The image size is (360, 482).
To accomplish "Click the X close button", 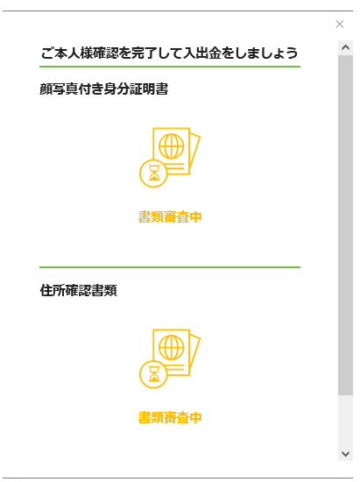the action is pyautogui.click(x=340, y=24).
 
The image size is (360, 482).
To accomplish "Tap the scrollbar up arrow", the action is pyautogui.click(x=346, y=47).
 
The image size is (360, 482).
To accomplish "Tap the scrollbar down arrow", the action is pyautogui.click(x=346, y=454).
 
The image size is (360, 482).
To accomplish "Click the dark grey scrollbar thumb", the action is pyautogui.click(x=346, y=225).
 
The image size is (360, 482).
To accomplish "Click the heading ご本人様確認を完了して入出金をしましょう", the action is pyautogui.click(x=170, y=53).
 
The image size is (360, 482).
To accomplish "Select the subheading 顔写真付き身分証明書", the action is pyautogui.click(x=104, y=89).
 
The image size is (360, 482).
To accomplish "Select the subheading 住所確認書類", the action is pyautogui.click(x=78, y=290).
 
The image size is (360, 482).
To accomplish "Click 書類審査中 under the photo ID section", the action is pyautogui.click(x=170, y=217).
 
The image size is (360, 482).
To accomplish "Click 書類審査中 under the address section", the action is pyautogui.click(x=170, y=418).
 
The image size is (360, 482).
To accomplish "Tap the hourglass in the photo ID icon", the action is pyautogui.click(x=154, y=173).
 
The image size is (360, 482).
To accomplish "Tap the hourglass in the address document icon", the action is pyautogui.click(x=154, y=374).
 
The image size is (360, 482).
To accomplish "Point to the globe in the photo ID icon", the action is pyautogui.click(x=172, y=146).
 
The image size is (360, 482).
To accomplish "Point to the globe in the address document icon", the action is pyautogui.click(x=172, y=348).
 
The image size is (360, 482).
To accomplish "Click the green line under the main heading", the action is pyautogui.click(x=170, y=67).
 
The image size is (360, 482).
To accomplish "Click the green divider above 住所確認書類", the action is pyautogui.click(x=170, y=267).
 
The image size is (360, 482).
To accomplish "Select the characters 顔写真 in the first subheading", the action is pyautogui.click(x=59, y=89).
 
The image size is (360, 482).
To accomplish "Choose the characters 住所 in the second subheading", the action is pyautogui.click(x=53, y=290).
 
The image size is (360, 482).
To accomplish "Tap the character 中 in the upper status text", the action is pyautogui.click(x=195, y=217).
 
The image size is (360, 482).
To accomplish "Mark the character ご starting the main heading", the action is pyautogui.click(x=47, y=53).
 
